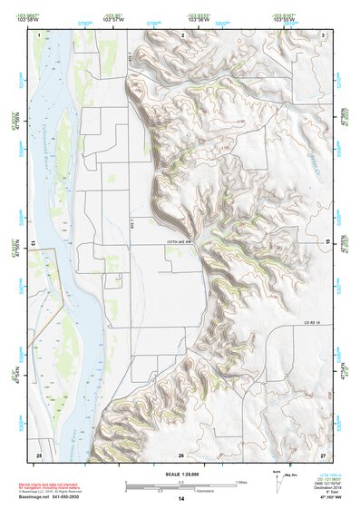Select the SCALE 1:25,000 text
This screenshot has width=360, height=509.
[181, 474]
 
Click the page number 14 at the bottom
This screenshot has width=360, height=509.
[181, 499]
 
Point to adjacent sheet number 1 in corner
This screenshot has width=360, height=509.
[40, 34]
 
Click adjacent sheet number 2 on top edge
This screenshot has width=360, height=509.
[183, 34]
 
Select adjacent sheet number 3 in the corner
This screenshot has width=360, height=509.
[324, 34]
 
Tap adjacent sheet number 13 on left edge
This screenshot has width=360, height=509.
[33, 244]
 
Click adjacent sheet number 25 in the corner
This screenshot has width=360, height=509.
[39, 454]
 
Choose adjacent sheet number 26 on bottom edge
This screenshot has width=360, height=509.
[181, 454]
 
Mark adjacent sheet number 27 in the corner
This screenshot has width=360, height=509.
[323, 454]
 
